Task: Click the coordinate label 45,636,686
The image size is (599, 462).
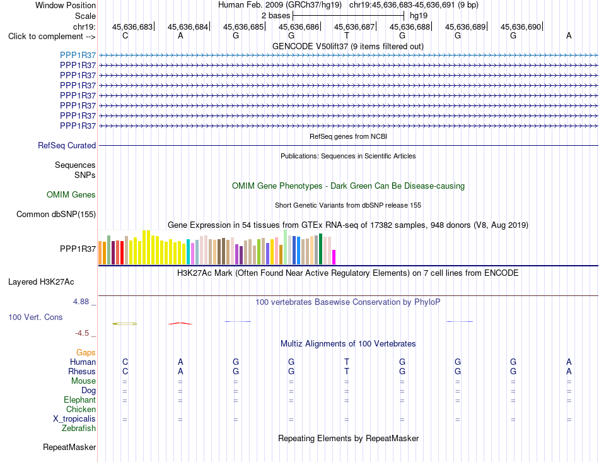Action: point(299,27)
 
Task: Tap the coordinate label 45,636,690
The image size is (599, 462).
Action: point(521,27)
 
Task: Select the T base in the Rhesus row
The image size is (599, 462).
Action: point(347,371)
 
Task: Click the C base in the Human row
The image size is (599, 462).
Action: point(125,362)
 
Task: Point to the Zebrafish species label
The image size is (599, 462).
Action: point(79,429)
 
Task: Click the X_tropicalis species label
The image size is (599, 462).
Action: point(74,419)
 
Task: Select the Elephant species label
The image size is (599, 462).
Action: point(80,400)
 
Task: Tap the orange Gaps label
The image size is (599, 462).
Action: point(86,352)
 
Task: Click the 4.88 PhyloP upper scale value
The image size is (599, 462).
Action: point(81,302)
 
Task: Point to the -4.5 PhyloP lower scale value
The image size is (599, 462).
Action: point(82,333)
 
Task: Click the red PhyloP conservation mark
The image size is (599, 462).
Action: point(180,324)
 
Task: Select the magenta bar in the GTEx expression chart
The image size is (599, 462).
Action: point(334,257)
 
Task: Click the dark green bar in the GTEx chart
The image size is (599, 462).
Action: point(321,249)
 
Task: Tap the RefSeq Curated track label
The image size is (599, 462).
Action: point(67,145)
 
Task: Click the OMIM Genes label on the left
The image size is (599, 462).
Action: point(71,194)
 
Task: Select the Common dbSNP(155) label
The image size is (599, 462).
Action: point(56,214)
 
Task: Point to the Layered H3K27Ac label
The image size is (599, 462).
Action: point(41,282)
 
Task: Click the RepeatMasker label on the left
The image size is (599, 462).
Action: point(69,447)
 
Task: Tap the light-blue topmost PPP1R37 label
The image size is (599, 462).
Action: point(78,55)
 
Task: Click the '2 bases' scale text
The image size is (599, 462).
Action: point(276,16)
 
